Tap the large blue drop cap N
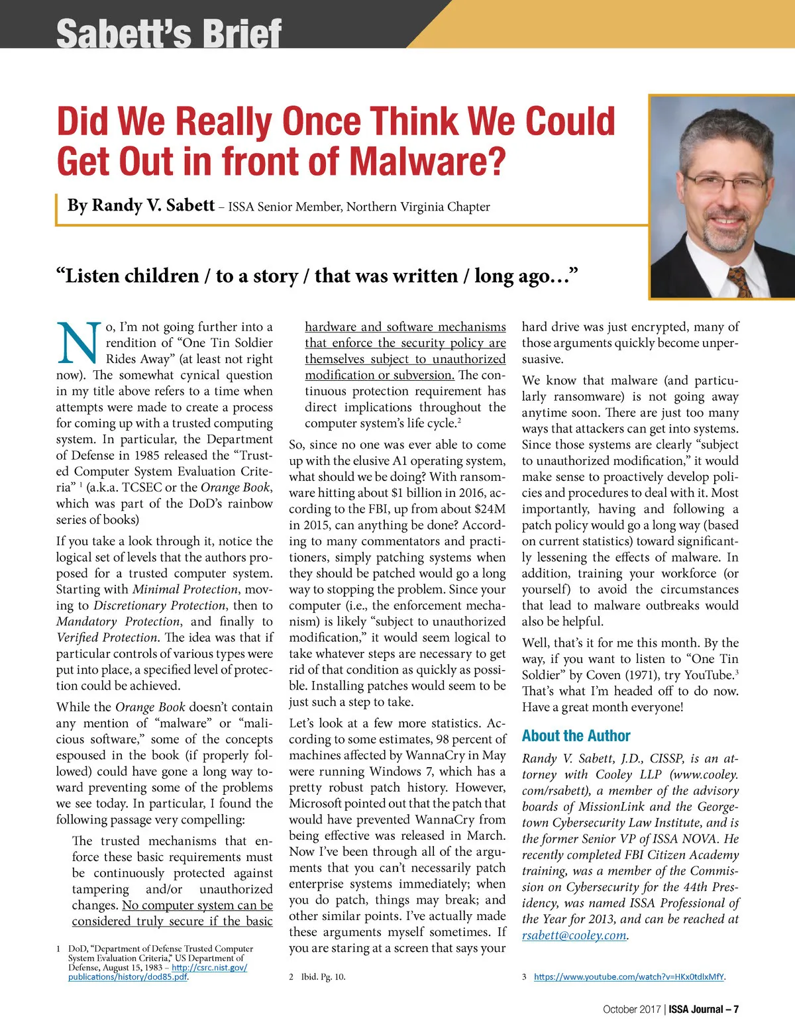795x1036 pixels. [x=79, y=344]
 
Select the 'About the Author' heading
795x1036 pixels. [x=576, y=736]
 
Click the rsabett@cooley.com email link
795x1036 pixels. [x=574, y=935]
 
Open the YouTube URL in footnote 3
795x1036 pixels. [x=629, y=976]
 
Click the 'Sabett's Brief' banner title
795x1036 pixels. [x=169, y=33]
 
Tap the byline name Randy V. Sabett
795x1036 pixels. [x=140, y=205]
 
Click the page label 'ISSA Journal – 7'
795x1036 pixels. [x=704, y=1010]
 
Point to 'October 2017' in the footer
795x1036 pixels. [x=631, y=1010]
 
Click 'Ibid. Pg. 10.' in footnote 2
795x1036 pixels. [x=323, y=976]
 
